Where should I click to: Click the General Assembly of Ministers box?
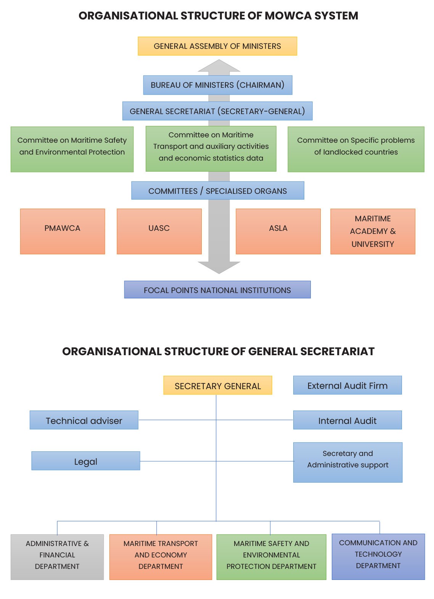coord(217,46)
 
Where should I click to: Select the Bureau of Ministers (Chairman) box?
coord(217,85)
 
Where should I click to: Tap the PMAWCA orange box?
coord(63,231)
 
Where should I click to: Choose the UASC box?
coord(159,231)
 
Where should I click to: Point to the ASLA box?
coord(278,231)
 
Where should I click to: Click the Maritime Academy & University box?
coord(373,231)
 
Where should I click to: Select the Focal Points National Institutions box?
coord(217,290)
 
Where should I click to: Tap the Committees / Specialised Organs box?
coord(217,191)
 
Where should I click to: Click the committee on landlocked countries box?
coord(356,149)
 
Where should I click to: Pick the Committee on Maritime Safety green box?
coord(72,149)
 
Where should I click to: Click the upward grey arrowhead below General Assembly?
coord(219,66)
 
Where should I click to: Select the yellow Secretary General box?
coord(217,385)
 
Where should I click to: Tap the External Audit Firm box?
coord(347,385)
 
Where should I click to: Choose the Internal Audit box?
coord(347,420)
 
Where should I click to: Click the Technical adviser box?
coord(84,420)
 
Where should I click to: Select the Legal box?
coord(86,461)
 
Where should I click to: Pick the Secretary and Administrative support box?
coord(348,462)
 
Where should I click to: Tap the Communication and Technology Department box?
coord(378,557)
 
